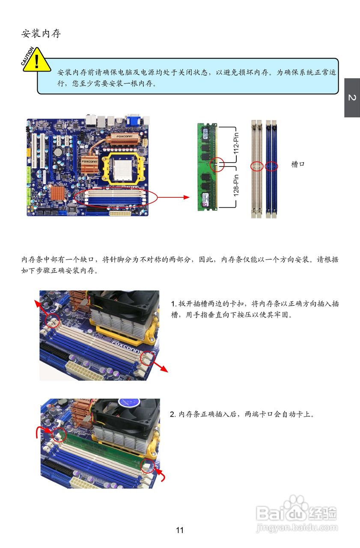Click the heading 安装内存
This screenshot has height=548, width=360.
(x=41, y=33)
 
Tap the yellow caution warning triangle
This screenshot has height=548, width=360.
(x=37, y=60)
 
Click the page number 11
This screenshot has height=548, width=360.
(x=180, y=530)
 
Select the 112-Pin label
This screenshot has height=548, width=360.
(x=236, y=143)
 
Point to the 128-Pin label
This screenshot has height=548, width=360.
(x=236, y=185)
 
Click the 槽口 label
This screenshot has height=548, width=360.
(x=298, y=164)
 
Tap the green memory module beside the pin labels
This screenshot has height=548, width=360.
(x=207, y=167)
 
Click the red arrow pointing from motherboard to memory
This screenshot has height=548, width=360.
(x=174, y=197)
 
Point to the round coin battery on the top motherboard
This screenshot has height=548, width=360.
(x=58, y=152)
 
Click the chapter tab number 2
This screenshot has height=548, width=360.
(x=352, y=98)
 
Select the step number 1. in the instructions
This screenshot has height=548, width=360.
(x=174, y=304)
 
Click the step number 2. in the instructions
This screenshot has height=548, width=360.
(x=173, y=414)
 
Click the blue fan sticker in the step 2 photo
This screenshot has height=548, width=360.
(x=129, y=403)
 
